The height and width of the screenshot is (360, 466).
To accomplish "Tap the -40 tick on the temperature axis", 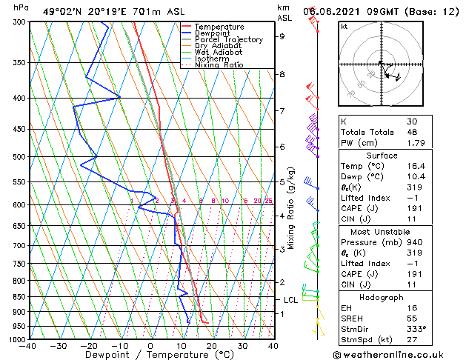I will [x=28, y=346].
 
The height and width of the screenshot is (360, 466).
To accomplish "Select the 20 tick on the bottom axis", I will [x=211, y=346].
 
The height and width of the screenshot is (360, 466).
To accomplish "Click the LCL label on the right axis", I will [x=291, y=300].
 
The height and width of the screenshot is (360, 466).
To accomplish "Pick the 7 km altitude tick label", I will [x=282, y=111].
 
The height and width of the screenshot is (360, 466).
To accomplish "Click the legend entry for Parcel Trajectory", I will [x=228, y=40].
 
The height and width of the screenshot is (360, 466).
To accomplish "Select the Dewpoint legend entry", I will [x=213, y=33].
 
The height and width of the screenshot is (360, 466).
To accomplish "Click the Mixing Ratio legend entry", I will [x=219, y=65].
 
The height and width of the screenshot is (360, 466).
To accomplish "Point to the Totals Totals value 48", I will [x=412, y=132].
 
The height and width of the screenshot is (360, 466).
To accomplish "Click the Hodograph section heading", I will [x=382, y=286].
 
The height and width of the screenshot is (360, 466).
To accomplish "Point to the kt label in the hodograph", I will [x=344, y=26].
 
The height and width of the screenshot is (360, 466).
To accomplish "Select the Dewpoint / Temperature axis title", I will [x=150, y=355].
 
